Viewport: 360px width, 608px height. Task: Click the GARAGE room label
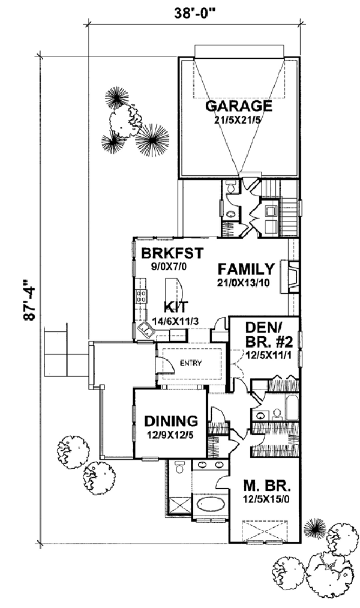tap(239, 106)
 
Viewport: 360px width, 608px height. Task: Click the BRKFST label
tap(172, 253)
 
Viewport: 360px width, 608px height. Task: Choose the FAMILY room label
tap(246, 269)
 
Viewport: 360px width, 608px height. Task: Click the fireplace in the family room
tap(293, 277)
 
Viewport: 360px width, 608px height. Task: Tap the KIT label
tap(176, 307)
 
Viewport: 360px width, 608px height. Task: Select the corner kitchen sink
tap(146, 331)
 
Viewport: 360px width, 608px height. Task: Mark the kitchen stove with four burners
tap(140, 296)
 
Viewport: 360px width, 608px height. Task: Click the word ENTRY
tap(191, 363)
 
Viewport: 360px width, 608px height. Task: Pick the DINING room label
tap(171, 421)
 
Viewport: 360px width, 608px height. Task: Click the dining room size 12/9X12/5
tap(171, 435)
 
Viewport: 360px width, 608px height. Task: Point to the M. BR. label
tap(267, 485)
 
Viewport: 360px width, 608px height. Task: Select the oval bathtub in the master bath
tap(211, 505)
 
